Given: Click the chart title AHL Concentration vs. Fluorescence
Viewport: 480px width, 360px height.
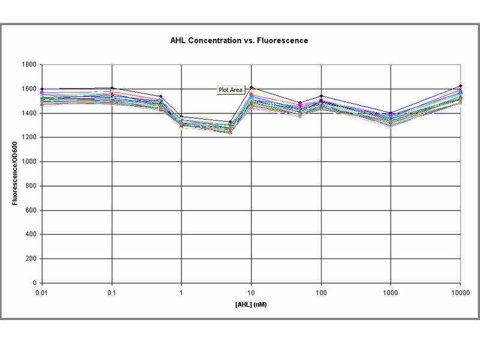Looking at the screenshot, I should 239,41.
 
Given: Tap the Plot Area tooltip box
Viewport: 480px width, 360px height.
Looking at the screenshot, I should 230,90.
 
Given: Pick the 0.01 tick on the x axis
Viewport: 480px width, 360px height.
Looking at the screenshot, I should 41,293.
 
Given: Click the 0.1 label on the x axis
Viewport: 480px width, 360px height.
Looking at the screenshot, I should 111,293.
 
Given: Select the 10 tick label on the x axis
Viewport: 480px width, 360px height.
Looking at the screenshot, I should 251,293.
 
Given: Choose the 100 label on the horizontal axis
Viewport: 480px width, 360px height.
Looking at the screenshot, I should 321,293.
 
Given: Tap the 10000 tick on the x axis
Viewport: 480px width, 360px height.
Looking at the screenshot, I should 460,293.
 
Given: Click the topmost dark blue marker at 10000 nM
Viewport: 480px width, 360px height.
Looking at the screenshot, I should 460,86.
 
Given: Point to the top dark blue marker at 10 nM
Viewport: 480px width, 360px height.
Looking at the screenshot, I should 251,88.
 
